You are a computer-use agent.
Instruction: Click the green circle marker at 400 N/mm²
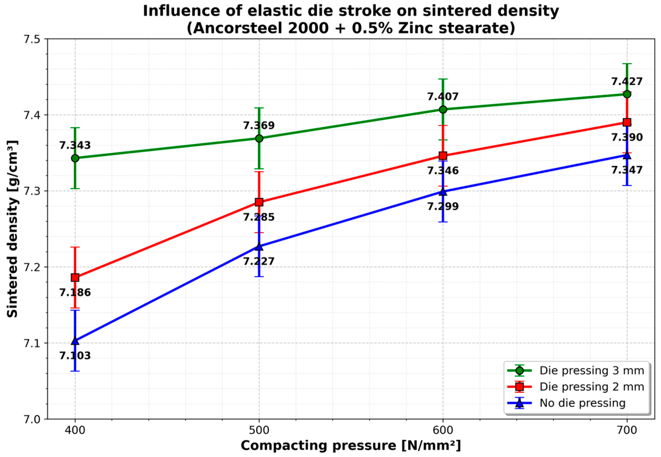[x=75, y=158]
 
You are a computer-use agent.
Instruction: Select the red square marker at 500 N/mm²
[x=259, y=202]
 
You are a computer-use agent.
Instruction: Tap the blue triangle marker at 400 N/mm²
[x=75, y=341]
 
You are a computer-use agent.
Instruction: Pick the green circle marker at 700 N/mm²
[x=627, y=94]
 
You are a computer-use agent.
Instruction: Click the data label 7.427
[x=627, y=82]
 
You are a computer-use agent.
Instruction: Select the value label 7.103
[x=75, y=356]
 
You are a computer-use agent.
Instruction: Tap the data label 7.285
[x=259, y=217]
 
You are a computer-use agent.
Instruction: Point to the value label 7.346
[x=443, y=171]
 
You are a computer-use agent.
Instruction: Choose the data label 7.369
[x=259, y=125]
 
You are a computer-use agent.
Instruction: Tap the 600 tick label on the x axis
[x=443, y=430]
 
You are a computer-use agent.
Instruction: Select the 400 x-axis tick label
[x=75, y=430]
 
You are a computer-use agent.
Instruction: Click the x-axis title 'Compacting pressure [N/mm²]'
[x=351, y=446]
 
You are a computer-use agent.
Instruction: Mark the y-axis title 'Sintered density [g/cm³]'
[x=12, y=229]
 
